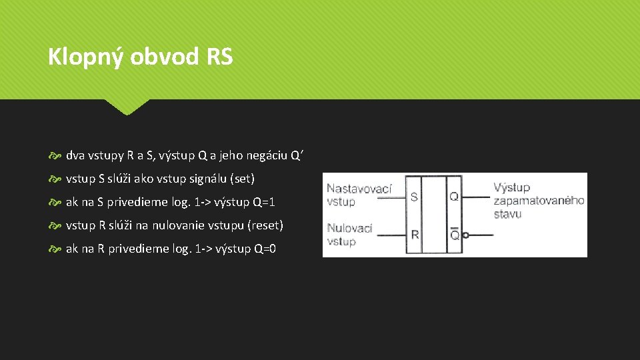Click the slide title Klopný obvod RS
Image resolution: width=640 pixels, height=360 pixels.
click(x=140, y=57)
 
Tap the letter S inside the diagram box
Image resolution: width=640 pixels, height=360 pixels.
click(x=414, y=197)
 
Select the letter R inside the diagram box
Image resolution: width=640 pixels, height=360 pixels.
click(x=415, y=235)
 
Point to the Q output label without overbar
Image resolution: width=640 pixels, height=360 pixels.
click(x=453, y=197)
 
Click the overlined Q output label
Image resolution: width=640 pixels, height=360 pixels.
click(x=454, y=235)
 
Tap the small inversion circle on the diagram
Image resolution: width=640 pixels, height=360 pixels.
click(x=465, y=235)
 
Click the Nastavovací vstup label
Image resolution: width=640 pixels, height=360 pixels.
click(x=359, y=195)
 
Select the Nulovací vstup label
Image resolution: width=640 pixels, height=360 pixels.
click(x=349, y=234)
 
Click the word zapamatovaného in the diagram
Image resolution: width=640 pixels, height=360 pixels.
click(x=539, y=201)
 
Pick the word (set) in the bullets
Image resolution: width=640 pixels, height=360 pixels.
click(x=243, y=179)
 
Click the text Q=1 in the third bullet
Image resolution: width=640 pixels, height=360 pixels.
click(x=264, y=202)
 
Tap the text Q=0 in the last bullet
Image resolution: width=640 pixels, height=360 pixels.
click(x=265, y=249)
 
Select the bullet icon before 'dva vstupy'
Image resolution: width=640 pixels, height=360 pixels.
click(x=55, y=156)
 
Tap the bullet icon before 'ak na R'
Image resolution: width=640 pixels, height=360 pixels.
click(x=55, y=249)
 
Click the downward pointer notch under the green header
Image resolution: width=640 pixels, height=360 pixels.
click(x=127, y=107)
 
